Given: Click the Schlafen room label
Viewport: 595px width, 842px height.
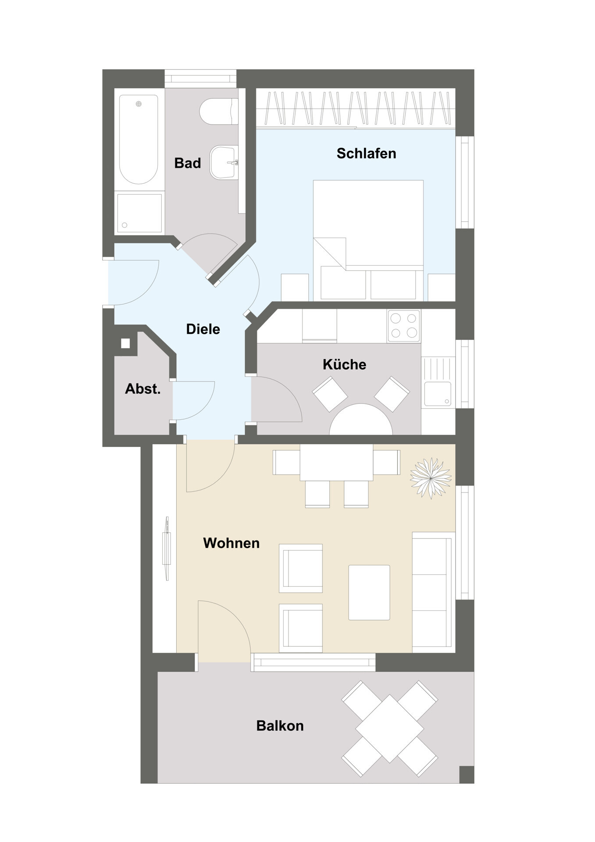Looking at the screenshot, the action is pos(366,153).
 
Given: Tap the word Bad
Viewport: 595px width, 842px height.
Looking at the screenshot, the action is pos(188,163).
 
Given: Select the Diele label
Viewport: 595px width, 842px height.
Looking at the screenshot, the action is pos(203,329).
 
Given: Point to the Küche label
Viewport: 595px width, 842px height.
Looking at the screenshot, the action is pos(344,364).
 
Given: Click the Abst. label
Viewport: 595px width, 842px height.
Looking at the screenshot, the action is pos(143,389).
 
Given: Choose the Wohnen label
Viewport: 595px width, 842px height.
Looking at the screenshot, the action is pos(232,543).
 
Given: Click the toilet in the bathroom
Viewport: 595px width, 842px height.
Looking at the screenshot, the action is pos(219,111).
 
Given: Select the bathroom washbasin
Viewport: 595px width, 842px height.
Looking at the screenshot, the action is pos(224,162).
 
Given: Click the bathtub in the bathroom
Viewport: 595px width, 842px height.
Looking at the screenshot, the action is pos(139,139).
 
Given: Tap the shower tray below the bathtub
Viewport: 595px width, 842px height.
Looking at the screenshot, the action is pos(139,213).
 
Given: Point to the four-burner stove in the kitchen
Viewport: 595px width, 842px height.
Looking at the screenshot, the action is pos(403,326).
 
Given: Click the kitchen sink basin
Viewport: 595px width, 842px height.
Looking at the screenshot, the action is pos(438,394).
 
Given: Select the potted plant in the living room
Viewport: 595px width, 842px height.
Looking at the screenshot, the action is pos(431,478).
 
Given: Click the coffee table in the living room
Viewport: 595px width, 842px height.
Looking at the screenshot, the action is pos(369,592).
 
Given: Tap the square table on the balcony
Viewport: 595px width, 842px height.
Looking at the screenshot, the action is pos(389,728).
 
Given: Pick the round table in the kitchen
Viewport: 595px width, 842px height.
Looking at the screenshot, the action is pos(361,420).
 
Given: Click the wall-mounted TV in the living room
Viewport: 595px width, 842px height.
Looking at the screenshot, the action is pos(167,548).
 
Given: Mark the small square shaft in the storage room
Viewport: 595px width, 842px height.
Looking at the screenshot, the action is pos(125,343).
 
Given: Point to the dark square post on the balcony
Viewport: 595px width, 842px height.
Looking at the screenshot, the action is pos(467,774).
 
